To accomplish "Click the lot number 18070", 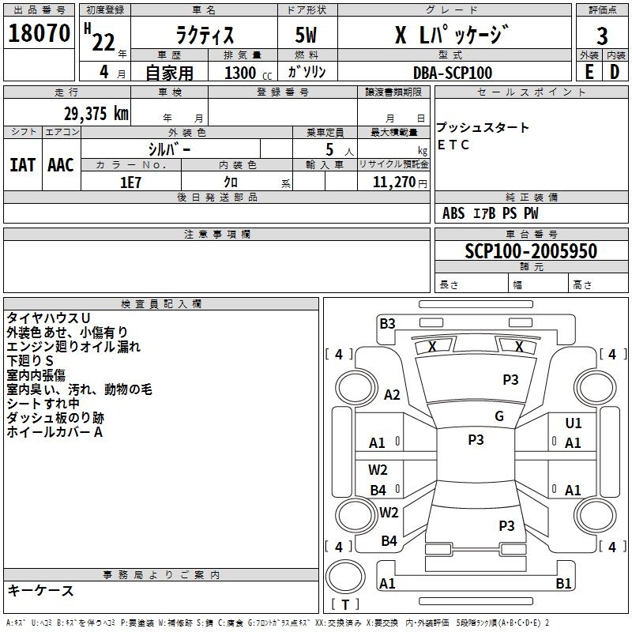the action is coord(39,34).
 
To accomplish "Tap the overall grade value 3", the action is coord(602,36).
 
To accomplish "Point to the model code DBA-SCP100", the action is coord(453,73).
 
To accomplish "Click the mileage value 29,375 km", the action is coord(95,114).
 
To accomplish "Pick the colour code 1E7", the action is coord(130,182).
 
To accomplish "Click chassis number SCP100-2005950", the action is coord(531,251).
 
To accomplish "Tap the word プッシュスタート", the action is coord(483,127).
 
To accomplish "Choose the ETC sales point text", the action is coord(453,145).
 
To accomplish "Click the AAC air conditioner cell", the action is coord(61,164).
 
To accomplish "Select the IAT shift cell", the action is coord(22,164).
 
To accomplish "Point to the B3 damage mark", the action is coord(387,322).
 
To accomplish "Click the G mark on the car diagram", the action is coord(499,416).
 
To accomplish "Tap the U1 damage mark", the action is coord(574,423).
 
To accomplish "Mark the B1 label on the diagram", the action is coord(563,584).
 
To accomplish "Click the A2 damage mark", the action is coord(393,395).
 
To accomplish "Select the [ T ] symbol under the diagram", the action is coord(345,605).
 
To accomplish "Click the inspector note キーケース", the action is coord(40,591).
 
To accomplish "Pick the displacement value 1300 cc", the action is coord(243,73).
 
